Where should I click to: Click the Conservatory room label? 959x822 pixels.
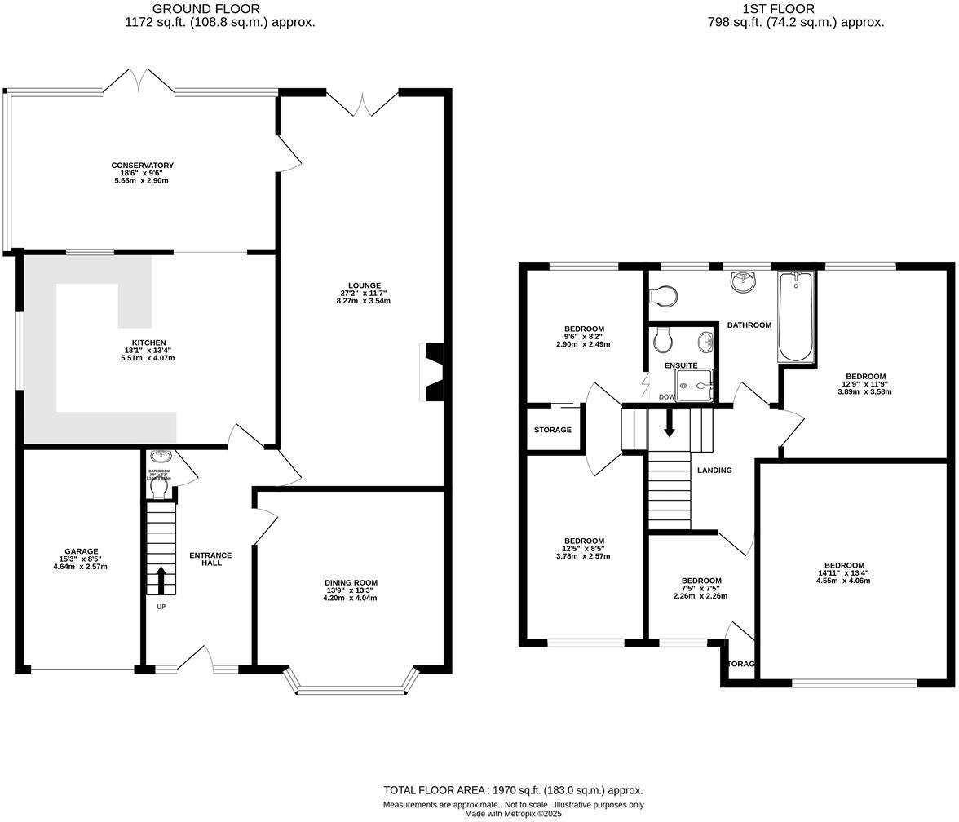(142, 166)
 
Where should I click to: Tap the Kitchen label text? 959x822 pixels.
(149, 342)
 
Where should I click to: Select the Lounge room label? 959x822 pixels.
(364, 285)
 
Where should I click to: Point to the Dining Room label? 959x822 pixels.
(350, 582)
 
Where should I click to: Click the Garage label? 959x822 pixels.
(81, 551)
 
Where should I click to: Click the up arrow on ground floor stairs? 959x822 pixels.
(160, 581)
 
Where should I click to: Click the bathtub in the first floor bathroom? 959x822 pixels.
(794, 316)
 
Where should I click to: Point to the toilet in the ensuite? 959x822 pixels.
(662, 338)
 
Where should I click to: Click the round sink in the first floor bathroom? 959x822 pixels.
(743, 282)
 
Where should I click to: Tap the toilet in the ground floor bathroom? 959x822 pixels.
(159, 487)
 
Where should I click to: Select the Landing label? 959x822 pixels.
(714, 470)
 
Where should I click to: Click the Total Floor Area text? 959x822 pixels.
(513, 790)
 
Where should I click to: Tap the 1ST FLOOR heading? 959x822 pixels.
(795, 9)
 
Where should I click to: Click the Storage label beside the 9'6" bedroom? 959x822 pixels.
(552, 430)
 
